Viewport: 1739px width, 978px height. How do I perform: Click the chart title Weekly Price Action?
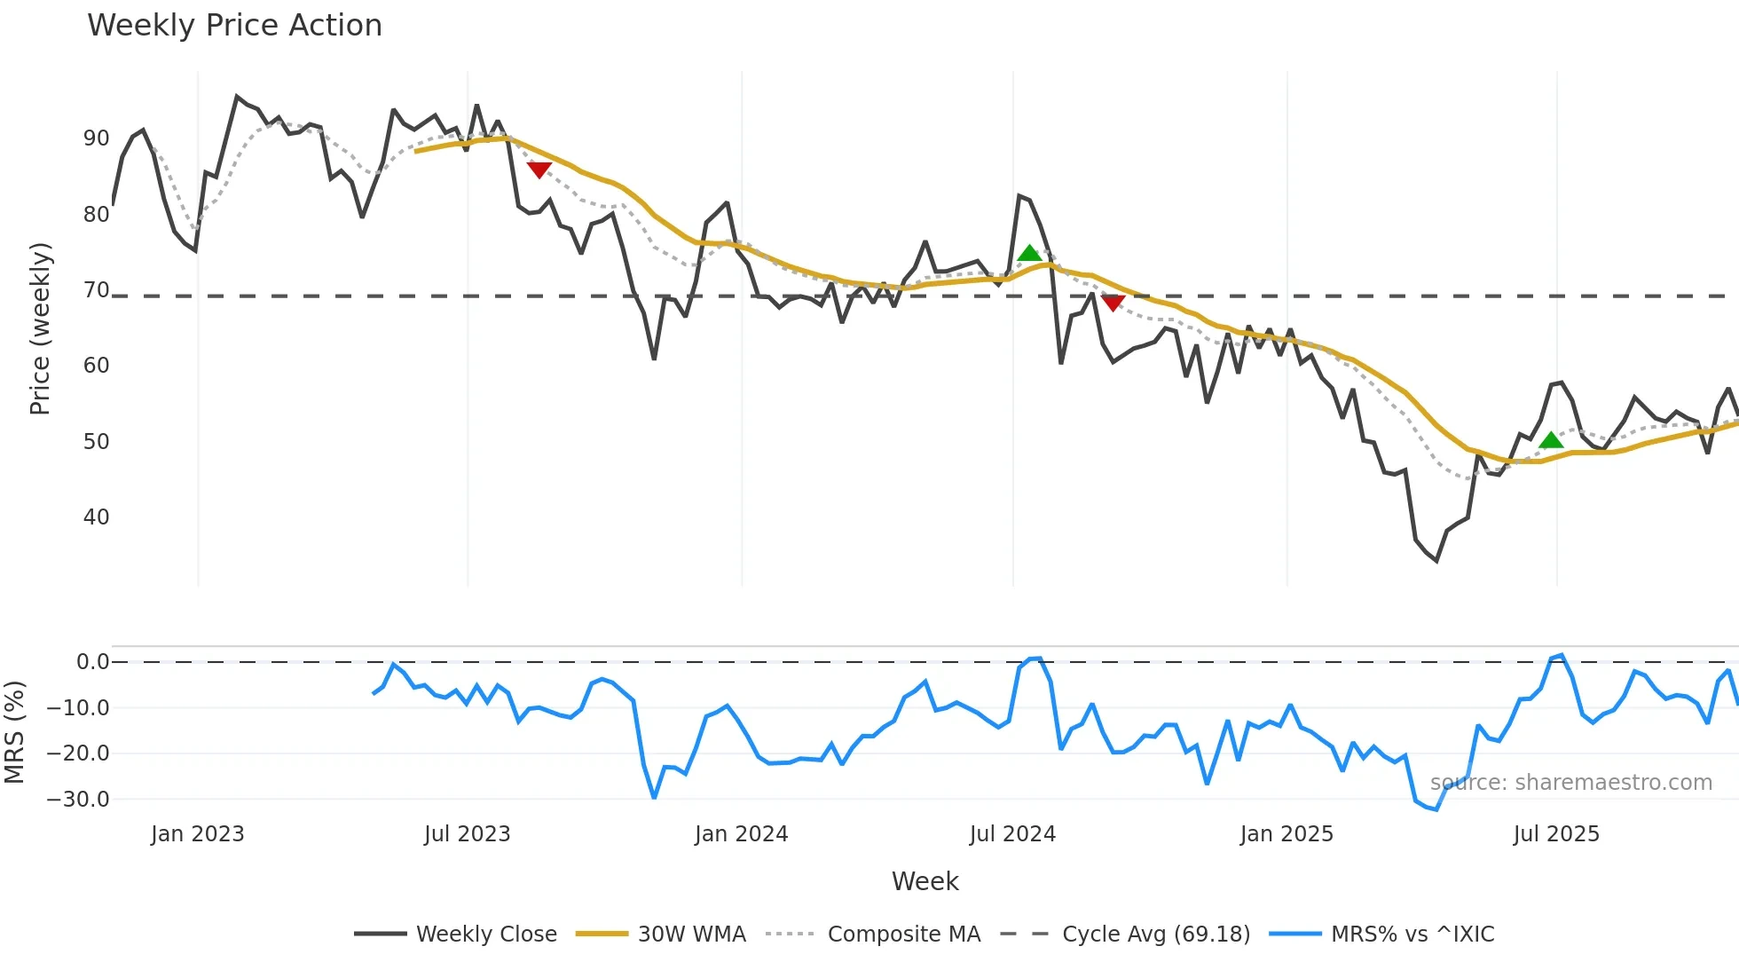pyautogui.click(x=234, y=26)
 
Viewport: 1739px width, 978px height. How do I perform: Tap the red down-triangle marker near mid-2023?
pyautogui.click(x=539, y=170)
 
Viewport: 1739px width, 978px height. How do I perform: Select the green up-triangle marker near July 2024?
pyautogui.click(x=1029, y=254)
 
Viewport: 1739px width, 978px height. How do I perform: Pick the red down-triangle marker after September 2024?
pyautogui.click(x=1113, y=303)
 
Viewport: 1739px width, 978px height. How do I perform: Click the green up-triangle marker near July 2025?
pyautogui.click(x=1551, y=440)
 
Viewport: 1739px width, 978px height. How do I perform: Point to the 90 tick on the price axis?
pyautogui.click(x=96, y=138)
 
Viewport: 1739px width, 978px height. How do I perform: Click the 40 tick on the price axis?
pyautogui.click(x=96, y=517)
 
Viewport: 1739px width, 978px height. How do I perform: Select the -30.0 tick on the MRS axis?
pyautogui.click(x=78, y=799)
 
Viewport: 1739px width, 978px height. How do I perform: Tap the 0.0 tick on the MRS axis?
pyautogui.click(x=92, y=662)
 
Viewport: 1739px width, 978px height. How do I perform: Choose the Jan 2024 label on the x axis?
pyautogui.click(x=741, y=834)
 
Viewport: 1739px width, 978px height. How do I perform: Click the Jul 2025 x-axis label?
pyautogui.click(x=1556, y=834)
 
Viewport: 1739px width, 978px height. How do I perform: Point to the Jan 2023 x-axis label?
pyautogui.click(x=197, y=834)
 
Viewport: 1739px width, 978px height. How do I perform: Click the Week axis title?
pyautogui.click(x=925, y=881)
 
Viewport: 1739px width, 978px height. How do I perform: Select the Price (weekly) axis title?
pyautogui.click(x=40, y=328)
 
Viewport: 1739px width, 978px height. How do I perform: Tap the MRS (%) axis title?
pyautogui.click(x=14, y=732)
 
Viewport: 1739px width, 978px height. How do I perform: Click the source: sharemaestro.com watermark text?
pyautogui.click(x=1570, y=783)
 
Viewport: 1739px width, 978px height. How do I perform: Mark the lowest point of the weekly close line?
pyautogui.click(x=1436, y=561)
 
